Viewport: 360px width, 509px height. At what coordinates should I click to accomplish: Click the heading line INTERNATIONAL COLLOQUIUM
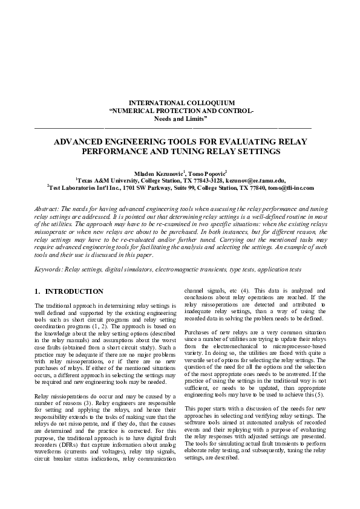[180, 104]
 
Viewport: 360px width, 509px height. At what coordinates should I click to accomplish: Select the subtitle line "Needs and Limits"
[180, 120]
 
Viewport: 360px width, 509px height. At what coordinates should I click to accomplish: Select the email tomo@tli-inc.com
[291, 187]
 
